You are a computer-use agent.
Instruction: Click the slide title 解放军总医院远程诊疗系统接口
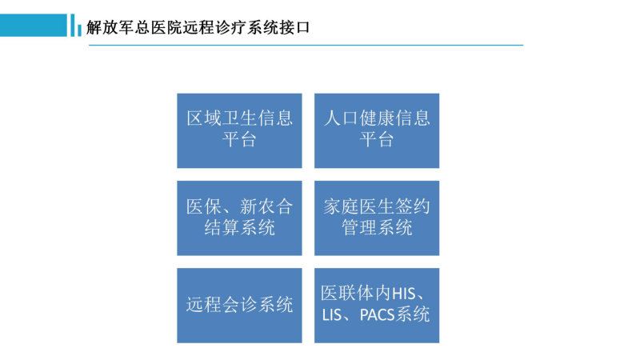(198, 27)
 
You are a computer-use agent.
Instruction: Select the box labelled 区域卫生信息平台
(239, 130)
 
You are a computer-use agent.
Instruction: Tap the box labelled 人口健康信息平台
(377, 130)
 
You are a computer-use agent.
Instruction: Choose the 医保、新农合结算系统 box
(239, 218)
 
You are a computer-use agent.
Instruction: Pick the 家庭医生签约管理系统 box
(377, 218)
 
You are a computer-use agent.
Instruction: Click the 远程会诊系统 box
(239, 306)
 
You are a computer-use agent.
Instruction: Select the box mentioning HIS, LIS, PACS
(377, 306)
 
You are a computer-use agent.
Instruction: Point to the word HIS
(404, 294)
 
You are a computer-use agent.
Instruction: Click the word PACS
(377, 314)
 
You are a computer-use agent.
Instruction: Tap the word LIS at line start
(331, 314)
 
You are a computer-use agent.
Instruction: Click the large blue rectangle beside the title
(34, 26)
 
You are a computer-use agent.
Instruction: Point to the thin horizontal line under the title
(306, 46)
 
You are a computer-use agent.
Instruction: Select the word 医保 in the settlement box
(204, 206)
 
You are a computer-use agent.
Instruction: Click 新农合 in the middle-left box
(266, 206)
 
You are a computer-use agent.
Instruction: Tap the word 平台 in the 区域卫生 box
(239, 139)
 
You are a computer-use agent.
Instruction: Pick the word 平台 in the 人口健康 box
(377, 139)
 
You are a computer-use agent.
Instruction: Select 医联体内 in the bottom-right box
(356, 294)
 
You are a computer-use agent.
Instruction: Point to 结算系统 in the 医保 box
(239, 228)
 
